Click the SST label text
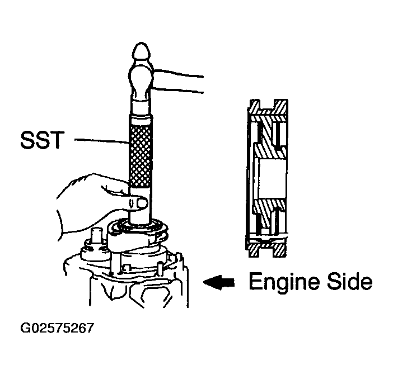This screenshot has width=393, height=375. [x=42, y=140]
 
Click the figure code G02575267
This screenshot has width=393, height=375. [x=57, y=328]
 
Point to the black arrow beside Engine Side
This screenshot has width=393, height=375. [x=219, y=282]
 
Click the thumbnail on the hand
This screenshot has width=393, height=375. [x=142, y=203]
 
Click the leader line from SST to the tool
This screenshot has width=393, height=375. [x=102, y=141]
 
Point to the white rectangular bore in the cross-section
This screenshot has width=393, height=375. [x=272, y=179]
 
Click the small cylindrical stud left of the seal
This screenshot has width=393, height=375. [x=97, y=236]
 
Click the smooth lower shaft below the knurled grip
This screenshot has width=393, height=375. [x=140, y=205]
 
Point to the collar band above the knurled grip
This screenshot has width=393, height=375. [x=141, y=120]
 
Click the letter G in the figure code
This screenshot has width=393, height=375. [x=25, y=328]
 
